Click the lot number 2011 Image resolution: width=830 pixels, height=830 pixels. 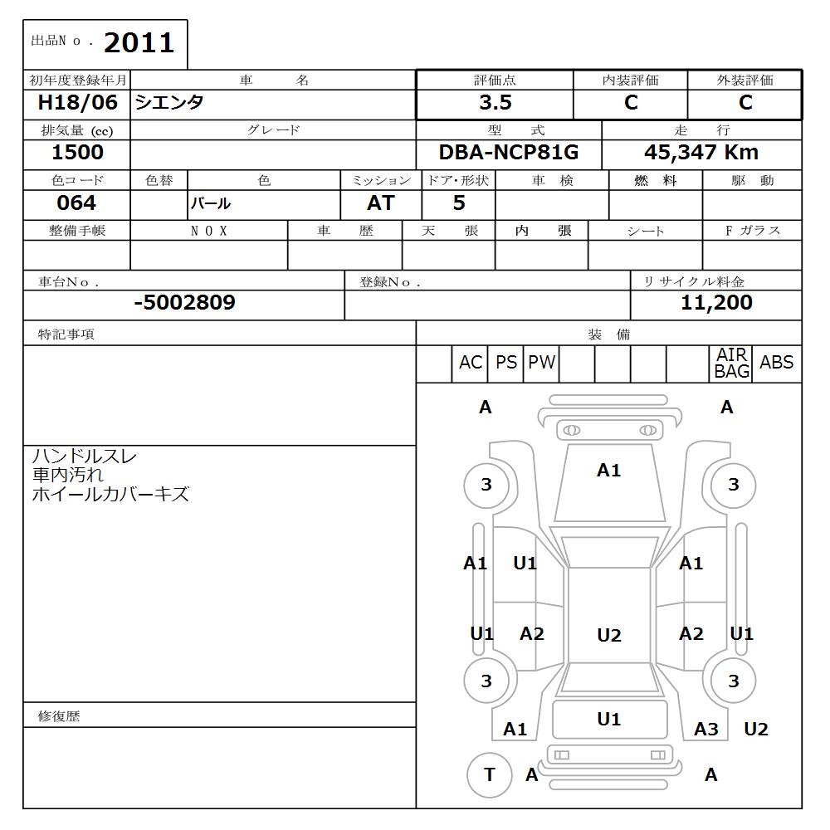(139, 42)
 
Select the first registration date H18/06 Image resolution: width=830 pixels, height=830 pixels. (78, 103)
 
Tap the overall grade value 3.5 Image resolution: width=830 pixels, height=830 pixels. (495, 103)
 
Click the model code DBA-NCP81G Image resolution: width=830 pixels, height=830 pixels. (508, 153)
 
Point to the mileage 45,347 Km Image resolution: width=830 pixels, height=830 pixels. (701, 153)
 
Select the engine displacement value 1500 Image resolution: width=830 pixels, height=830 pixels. (77, 153)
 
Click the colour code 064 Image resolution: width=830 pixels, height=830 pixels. (76, 203)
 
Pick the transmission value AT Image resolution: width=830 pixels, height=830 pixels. (380, 203)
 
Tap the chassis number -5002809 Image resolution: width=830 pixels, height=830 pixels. (184, 303)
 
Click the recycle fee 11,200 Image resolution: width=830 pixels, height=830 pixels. (716, 303)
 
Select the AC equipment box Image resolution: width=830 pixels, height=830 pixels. (470, 363)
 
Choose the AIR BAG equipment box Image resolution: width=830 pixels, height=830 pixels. (731, 364)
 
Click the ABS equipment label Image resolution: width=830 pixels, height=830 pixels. (776, 363)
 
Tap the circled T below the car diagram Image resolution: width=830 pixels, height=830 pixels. (489, 774)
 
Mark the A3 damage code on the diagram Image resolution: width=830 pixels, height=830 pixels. (705, 730)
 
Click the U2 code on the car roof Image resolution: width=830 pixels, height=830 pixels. (608, 636)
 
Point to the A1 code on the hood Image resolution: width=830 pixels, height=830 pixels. (608, 471)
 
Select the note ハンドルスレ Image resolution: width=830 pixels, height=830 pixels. (85, 456)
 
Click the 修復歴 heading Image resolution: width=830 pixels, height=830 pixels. (59, 716)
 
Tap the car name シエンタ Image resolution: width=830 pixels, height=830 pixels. (169, 103)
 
